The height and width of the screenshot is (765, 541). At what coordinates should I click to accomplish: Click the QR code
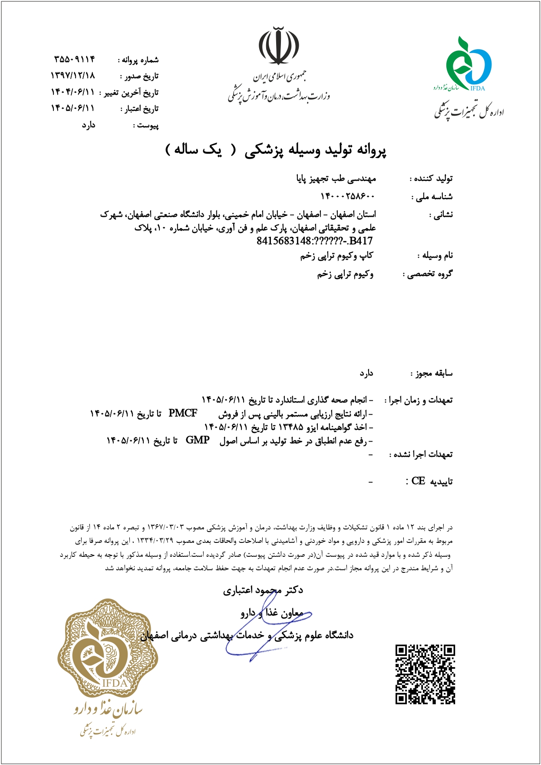(x=425, y=674)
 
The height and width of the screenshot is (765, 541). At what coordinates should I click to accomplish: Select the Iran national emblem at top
(x=279, y=46)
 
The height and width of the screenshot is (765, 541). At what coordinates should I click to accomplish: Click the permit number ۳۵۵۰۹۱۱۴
(x=74, y=59)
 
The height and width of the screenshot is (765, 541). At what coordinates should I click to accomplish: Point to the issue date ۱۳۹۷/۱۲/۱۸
(x=73, y=76)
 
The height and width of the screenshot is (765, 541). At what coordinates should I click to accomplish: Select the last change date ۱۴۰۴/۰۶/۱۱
(x=73, y=92)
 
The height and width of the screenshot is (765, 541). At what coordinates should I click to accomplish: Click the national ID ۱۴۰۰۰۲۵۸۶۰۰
(x=348, y=196)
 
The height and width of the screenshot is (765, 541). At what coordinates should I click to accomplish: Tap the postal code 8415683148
(x=284, y=241)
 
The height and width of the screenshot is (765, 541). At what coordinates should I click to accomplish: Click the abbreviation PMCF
(x=183, y=413)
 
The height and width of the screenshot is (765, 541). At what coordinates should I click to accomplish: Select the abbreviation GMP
(x=198, y=440)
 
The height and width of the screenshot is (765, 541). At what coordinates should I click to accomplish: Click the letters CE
(x=418, y=481)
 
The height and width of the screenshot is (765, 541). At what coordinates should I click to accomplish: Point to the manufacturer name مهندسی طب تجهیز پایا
(x=336, y=179)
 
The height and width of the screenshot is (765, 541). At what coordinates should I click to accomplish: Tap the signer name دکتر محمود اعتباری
(x=263, y=590)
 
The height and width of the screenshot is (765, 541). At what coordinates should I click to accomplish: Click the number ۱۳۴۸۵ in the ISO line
(x=290, y=427)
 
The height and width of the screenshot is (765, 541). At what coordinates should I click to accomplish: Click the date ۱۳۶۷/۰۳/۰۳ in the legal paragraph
(x=166, y=528)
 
